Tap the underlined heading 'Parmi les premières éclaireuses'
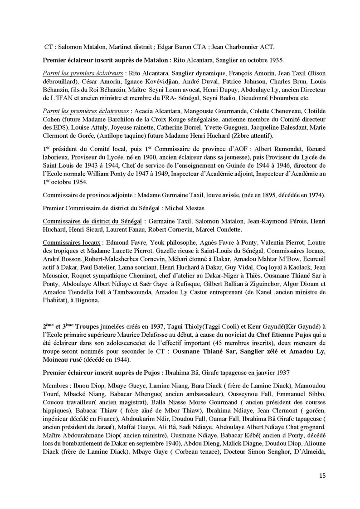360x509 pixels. (85, 111)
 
